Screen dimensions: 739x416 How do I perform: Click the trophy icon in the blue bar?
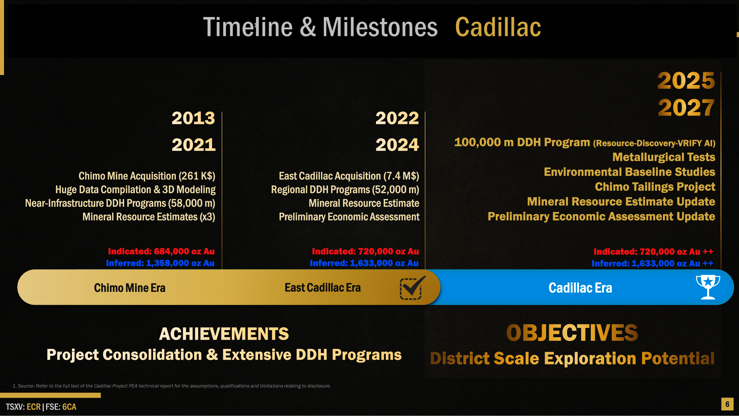(x=708, y=287)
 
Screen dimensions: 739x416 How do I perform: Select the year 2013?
(x=193, y=118)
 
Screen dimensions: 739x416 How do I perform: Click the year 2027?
(x=686, y=108)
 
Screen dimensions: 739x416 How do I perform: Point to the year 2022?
(x=397, y=118)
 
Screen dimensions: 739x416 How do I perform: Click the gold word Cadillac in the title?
(x=498, y=27)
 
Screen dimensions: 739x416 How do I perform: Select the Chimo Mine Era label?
(x=130, y=288)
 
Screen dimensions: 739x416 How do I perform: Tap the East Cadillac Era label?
(x=323, y=287)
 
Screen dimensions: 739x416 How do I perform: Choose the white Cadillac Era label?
(x=580, y=288)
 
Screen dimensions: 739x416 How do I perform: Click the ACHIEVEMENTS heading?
(x=224, y=334)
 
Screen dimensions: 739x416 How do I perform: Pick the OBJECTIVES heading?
(x=572, y=333)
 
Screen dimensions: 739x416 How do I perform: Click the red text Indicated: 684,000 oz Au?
(x=161, y=251)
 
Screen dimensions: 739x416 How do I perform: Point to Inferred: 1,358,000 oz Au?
(x=160, y=263)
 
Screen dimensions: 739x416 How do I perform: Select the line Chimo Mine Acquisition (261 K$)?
(x=147, y=176)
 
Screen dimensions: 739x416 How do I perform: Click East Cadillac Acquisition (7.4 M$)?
(x=349, y=176)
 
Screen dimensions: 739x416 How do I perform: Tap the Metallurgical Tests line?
(x=664, y=157)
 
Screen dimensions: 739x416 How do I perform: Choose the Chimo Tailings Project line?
(x=655, y=187)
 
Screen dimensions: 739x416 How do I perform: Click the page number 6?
(x=727, y=404)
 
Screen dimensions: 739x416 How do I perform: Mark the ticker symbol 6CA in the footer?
(x=69, y=407)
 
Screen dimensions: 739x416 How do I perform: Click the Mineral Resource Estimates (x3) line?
(x=149, y=217)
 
